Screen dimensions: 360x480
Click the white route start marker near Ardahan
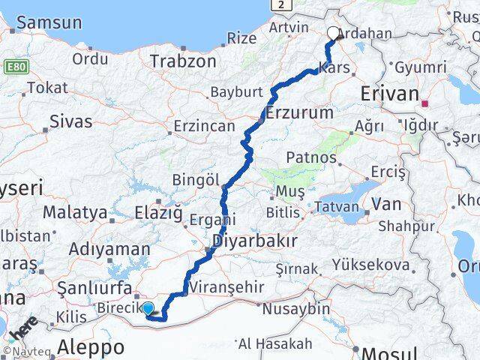(x=334, y=32)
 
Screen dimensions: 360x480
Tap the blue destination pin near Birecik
(x=148, y=307)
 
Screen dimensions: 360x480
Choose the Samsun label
(x=49, y=22)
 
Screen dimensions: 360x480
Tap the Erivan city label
(x=389, y=94)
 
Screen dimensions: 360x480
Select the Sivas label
(x=70, y=121)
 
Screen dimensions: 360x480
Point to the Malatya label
(x=74, y=213)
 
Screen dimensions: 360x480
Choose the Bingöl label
(x=196, y=181)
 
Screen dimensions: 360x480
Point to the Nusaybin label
(x=295, y=308)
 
